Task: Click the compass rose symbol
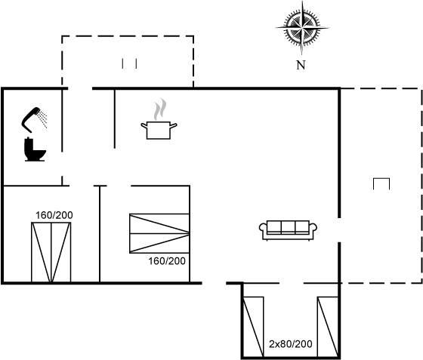tap(302, 28)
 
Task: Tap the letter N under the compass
tap(301, 65)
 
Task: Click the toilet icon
tap(35, 149)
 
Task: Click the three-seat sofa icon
tap(288, 230)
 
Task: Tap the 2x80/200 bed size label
tap(291, 344)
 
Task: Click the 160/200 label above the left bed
tap(54, 215)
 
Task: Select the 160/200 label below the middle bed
tap(167, 261)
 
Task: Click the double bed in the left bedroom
tap(51, 252)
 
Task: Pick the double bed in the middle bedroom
tap(159, 233)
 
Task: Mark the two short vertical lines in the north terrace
tap(129, 63)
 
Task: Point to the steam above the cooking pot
tap(160, 109)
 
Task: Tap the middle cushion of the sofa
tap(288, 227)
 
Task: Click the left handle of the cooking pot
tap(144, 125)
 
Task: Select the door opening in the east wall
tap(339, 230)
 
